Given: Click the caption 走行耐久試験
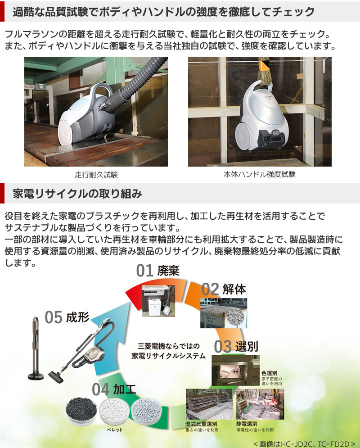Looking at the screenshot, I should coord(96,175).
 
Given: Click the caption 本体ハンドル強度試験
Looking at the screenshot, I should coord(260,175).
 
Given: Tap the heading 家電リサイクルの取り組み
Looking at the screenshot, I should coord(77,194).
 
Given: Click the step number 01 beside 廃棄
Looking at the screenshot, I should coord(145,271).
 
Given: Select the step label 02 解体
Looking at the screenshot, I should coord(224,289).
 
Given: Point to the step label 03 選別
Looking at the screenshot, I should coord(236,347).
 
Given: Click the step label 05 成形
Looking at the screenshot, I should coord(67,317).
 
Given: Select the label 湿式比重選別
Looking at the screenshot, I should coord(201,424).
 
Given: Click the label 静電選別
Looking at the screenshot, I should coord(247,424).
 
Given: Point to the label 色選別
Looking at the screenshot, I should coord(270,373).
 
